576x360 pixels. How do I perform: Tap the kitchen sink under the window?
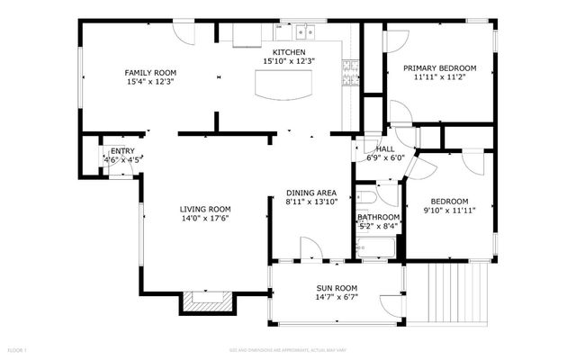coord(306,31)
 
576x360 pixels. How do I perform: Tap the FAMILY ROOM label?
coord(150,72)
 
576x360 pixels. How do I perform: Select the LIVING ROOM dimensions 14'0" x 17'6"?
coord(205,218)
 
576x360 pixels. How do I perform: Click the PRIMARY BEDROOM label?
coord(439,67)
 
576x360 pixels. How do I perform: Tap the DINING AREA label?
coord(311,193)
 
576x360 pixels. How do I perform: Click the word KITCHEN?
coord(290,52)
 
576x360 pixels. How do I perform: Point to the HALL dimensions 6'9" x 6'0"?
coord(385,157)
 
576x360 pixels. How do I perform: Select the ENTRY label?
coord(121,150)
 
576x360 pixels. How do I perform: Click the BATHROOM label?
coord(378,217)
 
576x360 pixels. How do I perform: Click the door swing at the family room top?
coord(184,34)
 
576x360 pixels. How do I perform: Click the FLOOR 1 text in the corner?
coord(18,348)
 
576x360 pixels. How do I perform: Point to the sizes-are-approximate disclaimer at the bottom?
coord(287,348)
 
